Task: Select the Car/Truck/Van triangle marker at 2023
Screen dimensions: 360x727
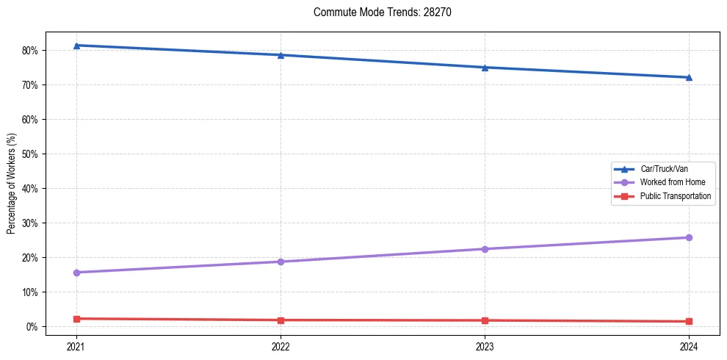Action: coord(485,68)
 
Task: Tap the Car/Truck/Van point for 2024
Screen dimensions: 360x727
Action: coord(689,77)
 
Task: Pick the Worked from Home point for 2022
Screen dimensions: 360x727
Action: coord(281,262)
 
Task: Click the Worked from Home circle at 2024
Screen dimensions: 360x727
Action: coord(689,237)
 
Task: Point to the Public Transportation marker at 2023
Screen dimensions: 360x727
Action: coord(485,320)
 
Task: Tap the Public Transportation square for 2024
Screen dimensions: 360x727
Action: coord(689,321)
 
